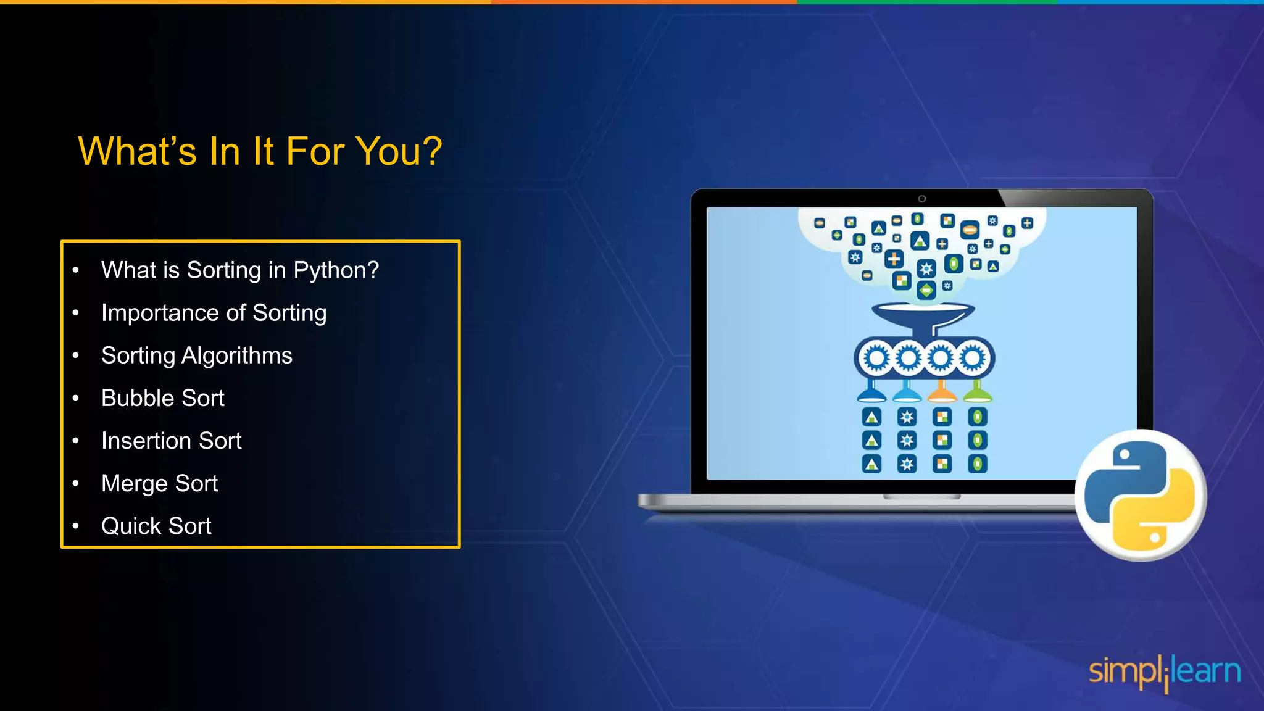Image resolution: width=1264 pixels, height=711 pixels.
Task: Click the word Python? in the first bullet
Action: point(336,271)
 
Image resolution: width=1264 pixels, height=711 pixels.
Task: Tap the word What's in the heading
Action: point(137,151)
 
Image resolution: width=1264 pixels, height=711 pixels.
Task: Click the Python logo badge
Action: point(1140,495)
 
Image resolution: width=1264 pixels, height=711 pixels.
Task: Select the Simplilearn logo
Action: point(1165,672)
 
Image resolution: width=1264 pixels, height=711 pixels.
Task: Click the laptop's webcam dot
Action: point(922,199)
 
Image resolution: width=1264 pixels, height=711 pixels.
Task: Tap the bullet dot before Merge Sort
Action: point(76,483)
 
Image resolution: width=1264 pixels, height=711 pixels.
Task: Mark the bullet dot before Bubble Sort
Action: point(76,398)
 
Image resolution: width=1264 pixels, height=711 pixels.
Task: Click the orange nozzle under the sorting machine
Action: point(942,393)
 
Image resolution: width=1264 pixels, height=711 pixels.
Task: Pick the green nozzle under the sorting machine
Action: point(977,392)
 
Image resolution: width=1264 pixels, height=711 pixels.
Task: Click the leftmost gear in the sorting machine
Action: point(876,358)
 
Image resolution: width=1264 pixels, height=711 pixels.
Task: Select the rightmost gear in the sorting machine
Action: point(973,358)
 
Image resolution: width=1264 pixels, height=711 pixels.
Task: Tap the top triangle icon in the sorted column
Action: point(871,417)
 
